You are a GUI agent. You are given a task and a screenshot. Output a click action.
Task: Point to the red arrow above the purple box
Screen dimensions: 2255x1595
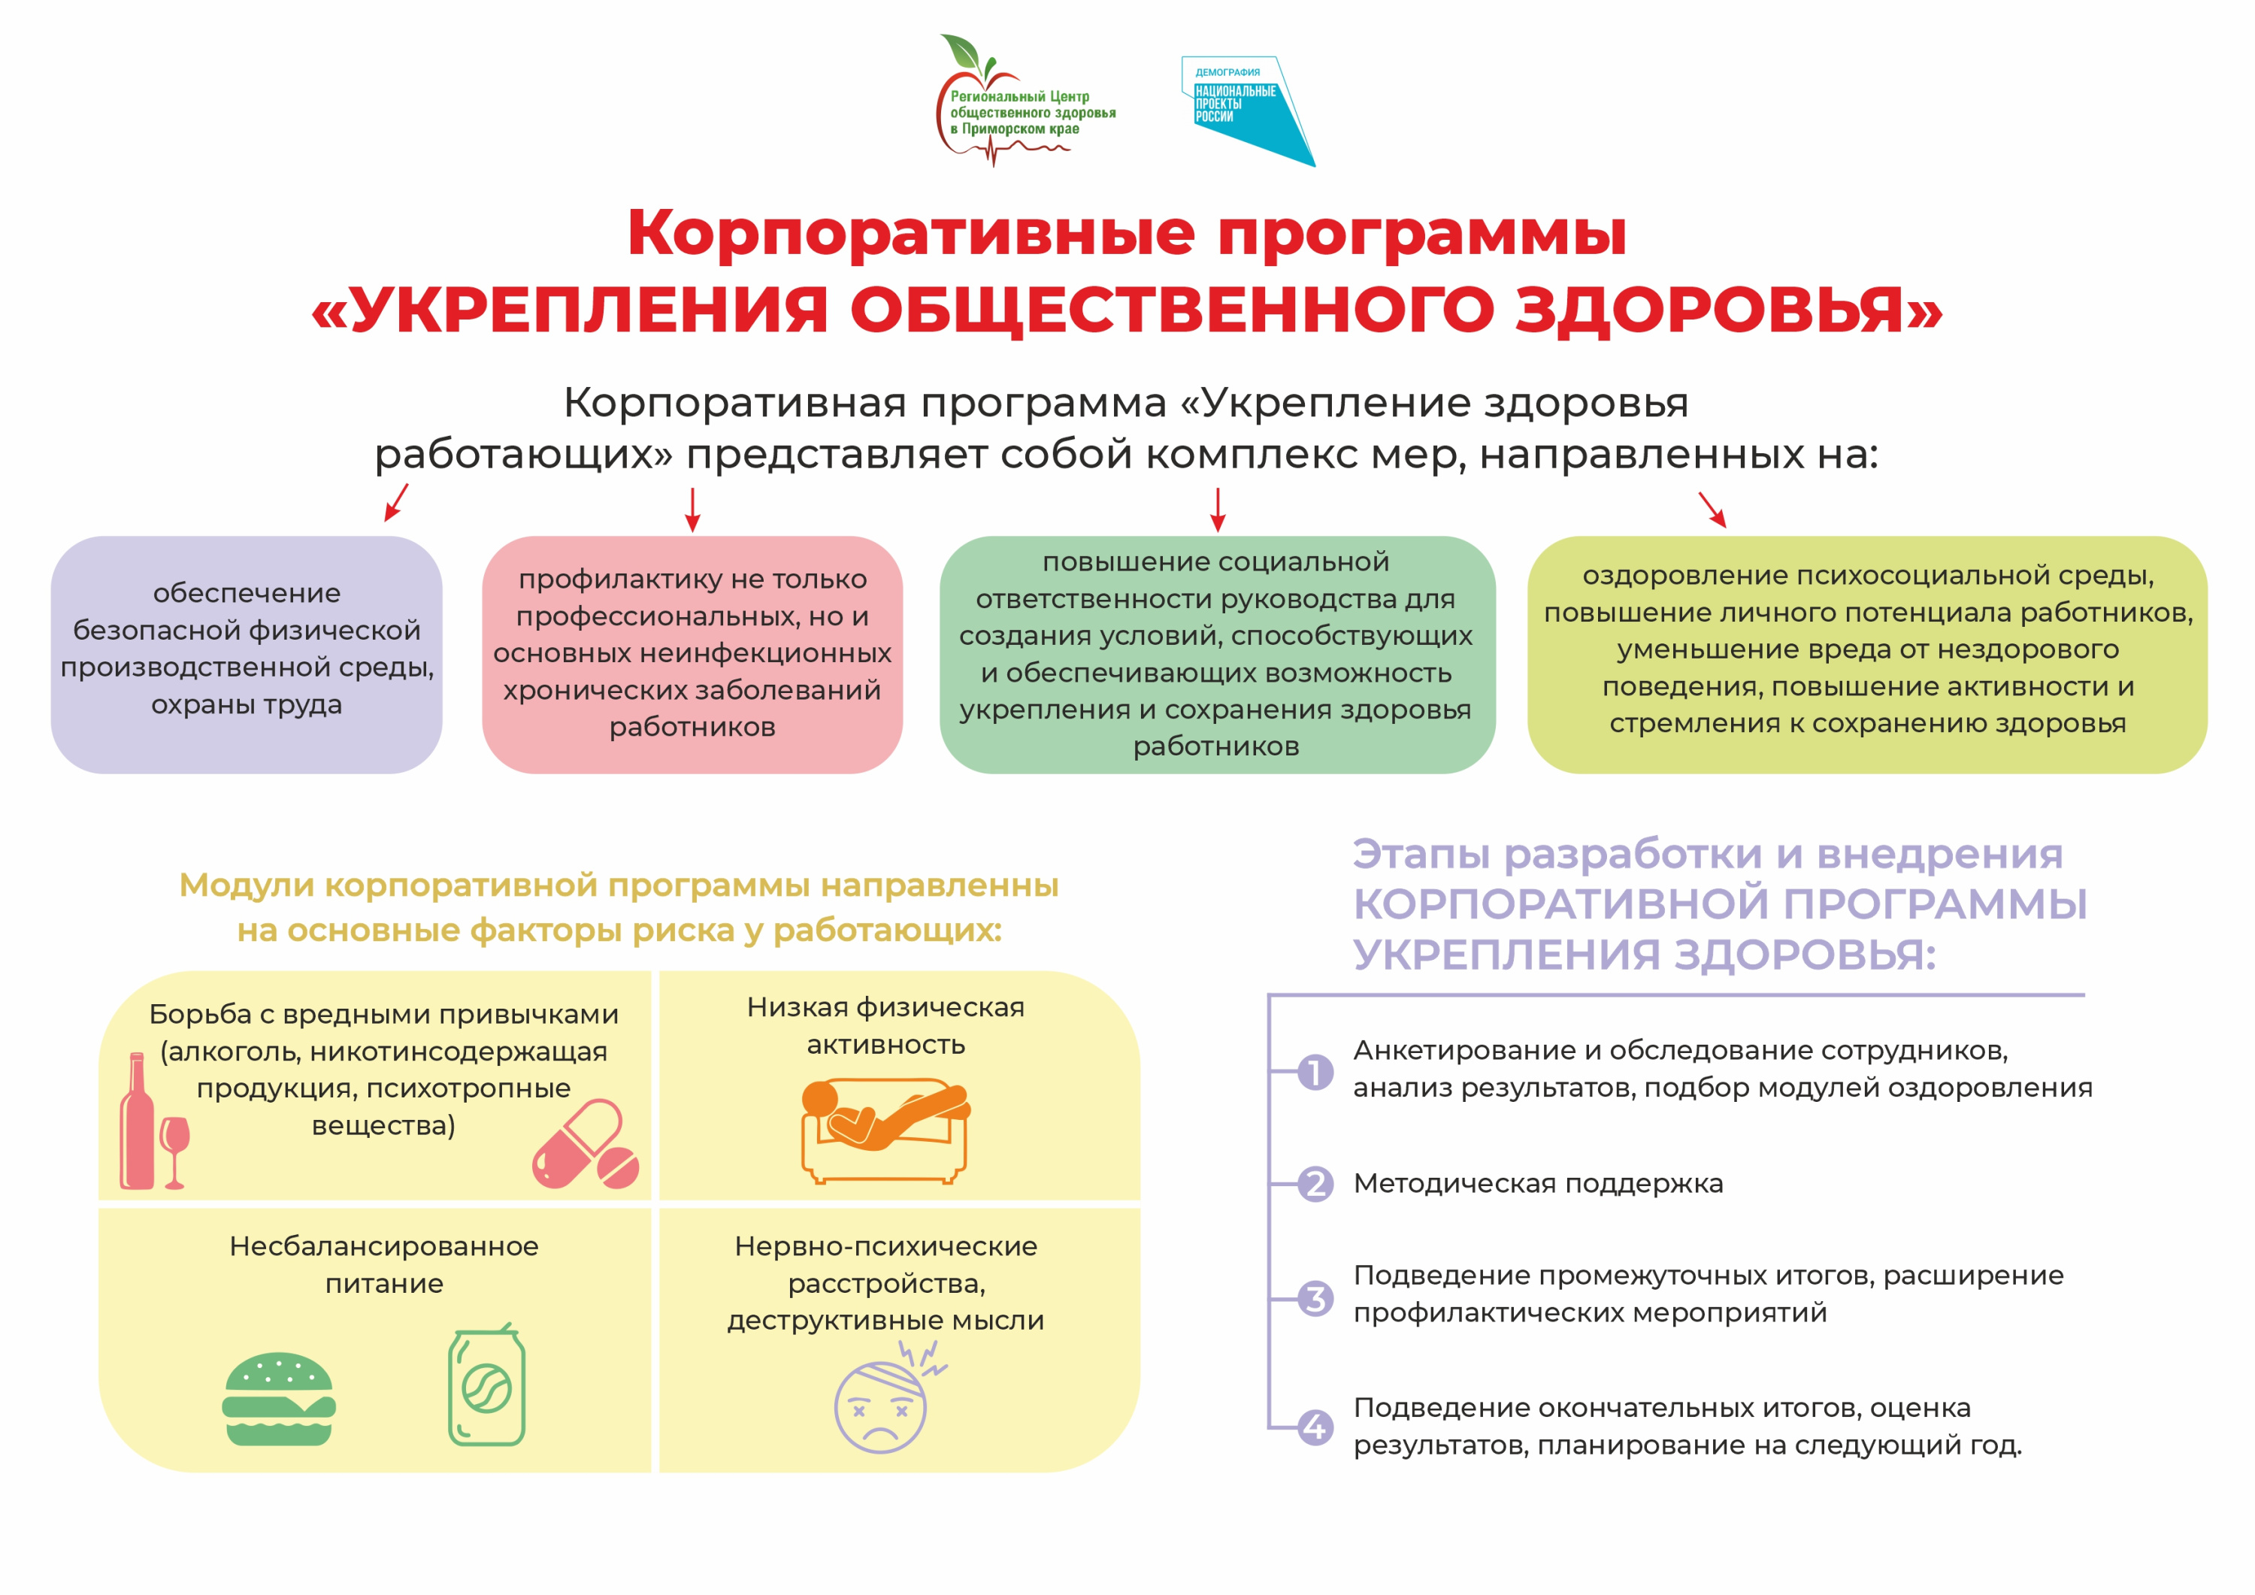point(396,502)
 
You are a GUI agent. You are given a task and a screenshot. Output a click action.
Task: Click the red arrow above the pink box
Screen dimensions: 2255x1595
point(692,510)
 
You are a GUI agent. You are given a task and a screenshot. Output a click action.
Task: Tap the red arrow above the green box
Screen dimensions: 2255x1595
point(1218,510)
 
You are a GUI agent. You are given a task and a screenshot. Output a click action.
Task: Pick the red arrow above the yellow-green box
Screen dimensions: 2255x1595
point(1712,510)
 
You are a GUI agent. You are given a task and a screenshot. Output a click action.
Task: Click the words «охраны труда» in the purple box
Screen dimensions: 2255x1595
point(247,705)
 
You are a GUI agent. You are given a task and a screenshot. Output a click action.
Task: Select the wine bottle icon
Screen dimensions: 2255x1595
point(137,1121)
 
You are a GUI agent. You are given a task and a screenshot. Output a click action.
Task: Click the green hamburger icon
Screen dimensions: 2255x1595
point(279,1399)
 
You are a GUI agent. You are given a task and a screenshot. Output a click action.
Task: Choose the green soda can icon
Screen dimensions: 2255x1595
point(486,1385)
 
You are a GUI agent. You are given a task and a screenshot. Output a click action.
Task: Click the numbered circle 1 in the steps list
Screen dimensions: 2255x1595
point(1315,1072)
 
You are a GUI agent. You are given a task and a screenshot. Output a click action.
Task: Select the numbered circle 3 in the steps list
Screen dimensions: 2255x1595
point(1315,1298)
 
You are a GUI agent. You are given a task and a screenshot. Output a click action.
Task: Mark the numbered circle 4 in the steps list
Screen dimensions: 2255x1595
point(1315,1427)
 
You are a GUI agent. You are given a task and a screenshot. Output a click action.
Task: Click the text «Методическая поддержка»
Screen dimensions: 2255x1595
point(1538,1185)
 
